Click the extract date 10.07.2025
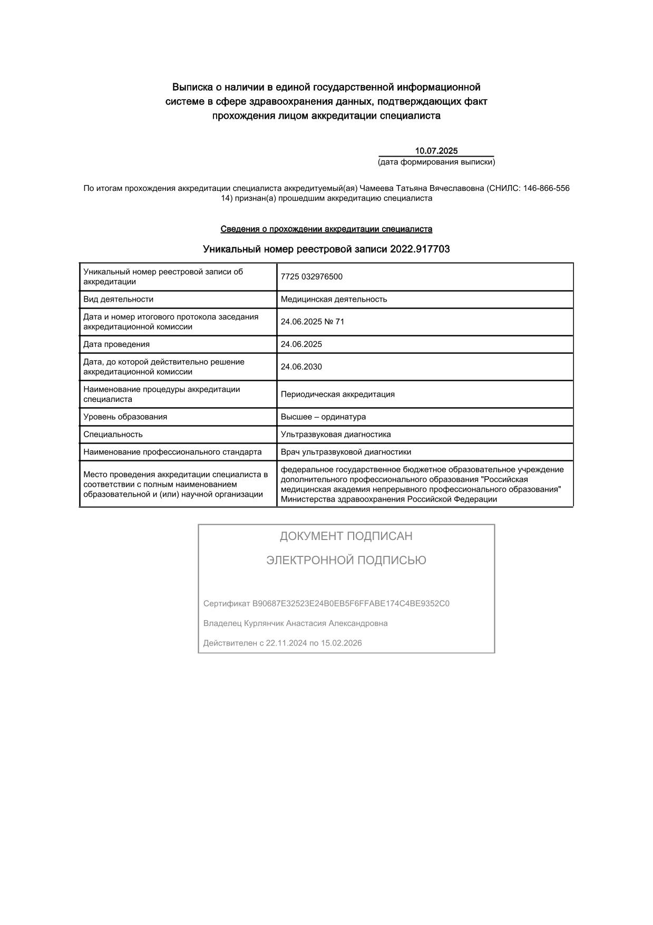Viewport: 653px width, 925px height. pos(436,151)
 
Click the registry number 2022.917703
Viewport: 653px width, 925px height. pos(420,249)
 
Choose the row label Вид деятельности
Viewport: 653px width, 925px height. pos(118,300)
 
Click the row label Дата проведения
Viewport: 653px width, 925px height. pos(116,344)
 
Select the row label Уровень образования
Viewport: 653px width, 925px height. pos(125,417)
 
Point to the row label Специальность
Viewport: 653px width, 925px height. pos(113,435)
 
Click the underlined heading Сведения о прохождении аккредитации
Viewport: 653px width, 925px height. pos(326,229)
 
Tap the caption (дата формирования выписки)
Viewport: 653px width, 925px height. pos(436,162)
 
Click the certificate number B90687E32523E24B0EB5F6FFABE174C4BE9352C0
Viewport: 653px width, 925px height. pos(350,604)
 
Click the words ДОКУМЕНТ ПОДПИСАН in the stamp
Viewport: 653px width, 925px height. pos(346,536)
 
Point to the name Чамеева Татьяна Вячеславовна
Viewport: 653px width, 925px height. pos(421,188)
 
